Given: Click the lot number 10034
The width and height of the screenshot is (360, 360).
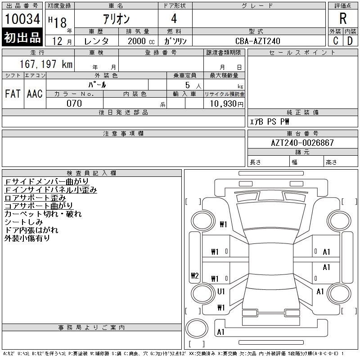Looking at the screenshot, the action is [22, 19].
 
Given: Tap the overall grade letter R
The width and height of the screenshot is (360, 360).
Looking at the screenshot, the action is [343, 18].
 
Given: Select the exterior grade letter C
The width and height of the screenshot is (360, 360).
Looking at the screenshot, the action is [335, 41].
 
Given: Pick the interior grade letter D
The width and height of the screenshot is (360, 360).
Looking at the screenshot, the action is [350, 41].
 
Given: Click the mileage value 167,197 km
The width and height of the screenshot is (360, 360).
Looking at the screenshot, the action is [46, 64].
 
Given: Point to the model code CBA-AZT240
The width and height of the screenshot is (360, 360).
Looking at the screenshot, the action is [258, 41].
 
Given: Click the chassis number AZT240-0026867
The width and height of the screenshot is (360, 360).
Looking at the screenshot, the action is [302, 143].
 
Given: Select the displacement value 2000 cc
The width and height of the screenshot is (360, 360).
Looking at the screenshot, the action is [141, 41].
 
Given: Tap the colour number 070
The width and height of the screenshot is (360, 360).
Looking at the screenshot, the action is [74, 103].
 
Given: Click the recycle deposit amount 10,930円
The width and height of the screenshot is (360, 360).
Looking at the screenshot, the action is [227, 104].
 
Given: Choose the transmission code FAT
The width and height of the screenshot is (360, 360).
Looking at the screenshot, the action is [13, 94].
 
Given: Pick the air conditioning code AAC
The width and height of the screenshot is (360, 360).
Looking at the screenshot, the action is [35, 94].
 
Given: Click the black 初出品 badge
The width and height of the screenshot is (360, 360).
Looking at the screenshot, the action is [22, 37].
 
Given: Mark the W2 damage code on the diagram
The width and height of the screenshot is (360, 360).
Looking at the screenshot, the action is [195, 275].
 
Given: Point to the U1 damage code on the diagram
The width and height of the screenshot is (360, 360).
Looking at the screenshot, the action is [221, 292].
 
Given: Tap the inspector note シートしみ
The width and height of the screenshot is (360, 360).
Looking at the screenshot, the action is [24, 222].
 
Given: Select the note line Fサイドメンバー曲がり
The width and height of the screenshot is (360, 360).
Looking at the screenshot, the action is [47, 182].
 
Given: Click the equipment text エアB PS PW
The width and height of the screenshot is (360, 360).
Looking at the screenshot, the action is [269, 121].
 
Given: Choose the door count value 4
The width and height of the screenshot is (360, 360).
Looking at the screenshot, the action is [174, 18].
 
